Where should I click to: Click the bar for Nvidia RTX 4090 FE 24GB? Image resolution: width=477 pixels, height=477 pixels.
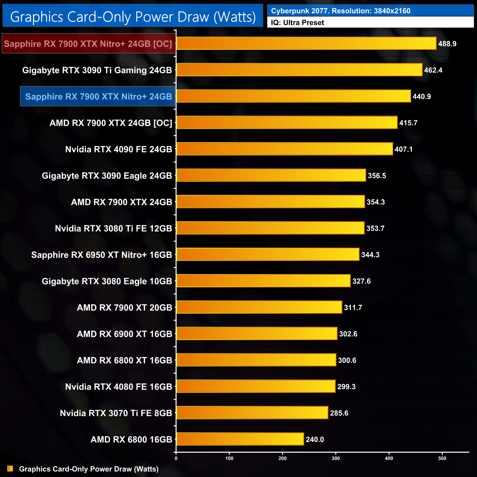pos(284,149)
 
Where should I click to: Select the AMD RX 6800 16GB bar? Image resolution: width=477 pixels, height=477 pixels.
pos(240,439)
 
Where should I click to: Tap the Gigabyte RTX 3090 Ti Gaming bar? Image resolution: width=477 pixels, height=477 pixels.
pos(299,70)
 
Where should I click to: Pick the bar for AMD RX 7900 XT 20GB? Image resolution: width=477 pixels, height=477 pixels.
pos(259,307)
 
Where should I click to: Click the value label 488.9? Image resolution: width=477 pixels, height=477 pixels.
pos(447,44)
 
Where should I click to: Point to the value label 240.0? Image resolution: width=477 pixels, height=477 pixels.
pos(315,439)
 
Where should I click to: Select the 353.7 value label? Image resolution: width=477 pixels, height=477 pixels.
pos(375,228)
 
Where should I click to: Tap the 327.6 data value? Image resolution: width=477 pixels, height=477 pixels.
pos(361,281)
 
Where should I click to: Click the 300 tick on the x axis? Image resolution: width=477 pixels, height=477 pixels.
pos(336,458)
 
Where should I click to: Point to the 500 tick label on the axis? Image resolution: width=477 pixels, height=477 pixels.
pos(443,458)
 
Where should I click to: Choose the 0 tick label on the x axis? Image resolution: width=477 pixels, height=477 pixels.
pos(176,458)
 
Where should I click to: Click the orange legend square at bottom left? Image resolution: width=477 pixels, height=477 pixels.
pos(10,469)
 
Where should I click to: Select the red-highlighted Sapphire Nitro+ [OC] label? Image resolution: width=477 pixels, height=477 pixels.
pos(88,44)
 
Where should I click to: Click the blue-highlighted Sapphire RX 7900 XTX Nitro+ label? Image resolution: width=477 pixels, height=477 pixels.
pos(98,97)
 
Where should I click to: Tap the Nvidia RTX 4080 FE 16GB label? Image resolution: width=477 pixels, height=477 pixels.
pos(119,387)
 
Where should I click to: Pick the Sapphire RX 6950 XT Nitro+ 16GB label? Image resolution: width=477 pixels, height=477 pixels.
pos(102,255)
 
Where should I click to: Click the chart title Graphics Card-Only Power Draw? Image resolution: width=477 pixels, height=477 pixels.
pos(133,17)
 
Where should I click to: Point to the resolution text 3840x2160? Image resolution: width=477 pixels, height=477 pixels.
pos(392,11)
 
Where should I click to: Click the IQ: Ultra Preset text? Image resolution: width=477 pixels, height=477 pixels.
pos(298,23)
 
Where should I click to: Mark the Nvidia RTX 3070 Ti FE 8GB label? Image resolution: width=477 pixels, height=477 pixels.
pos(116,413)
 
